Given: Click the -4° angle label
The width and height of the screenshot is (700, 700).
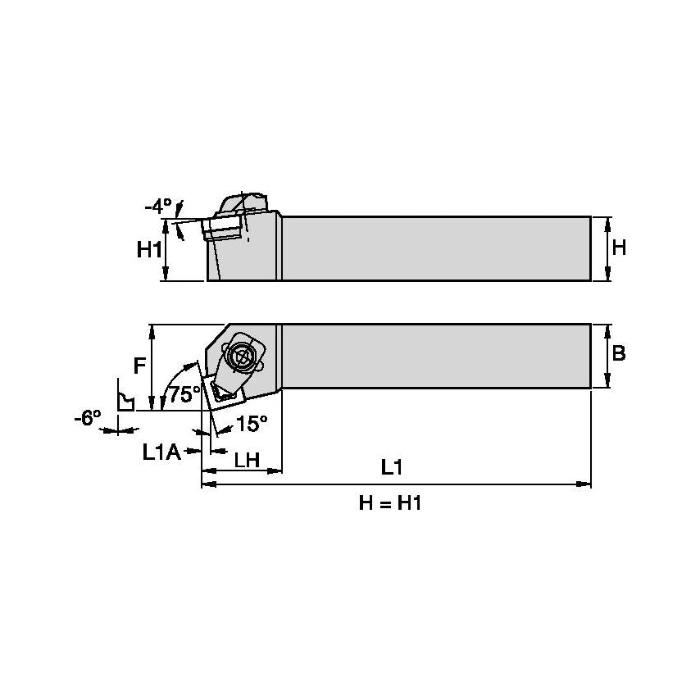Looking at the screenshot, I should [x=159, y=206].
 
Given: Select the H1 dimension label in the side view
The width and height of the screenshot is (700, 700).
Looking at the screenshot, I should [x=148, y=250].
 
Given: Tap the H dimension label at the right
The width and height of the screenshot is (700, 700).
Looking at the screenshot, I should [x=619, y=247].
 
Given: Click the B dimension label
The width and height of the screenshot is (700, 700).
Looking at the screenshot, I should [x=619, y=353].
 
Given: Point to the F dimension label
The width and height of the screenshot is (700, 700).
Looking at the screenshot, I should [x=140, y=366].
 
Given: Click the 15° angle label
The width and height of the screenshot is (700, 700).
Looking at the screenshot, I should [x=252, y=423].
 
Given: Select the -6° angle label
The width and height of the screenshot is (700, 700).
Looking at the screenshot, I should [x=87, y=417].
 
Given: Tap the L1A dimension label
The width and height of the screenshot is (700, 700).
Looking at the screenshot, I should [x=161, y=451].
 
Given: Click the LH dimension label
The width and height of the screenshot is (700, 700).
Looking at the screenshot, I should [x=247, y=460].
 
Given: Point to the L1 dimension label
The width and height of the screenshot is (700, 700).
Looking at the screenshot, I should [x=392, y=467].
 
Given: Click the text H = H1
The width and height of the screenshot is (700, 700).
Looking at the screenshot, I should [x=390, y=503].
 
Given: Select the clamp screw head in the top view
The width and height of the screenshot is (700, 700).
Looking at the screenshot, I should [x=241, y=356].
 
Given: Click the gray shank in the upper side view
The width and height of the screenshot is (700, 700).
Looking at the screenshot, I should [x=434, y=248].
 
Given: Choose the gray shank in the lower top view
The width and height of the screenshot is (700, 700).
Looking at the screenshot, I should [x=434, y=356].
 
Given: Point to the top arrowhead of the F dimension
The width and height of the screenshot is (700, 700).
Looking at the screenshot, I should [x=152, y=330].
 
